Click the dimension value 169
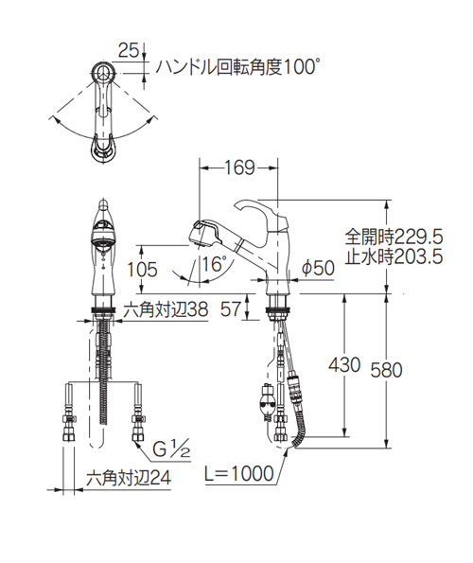point(239,167)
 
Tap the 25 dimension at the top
point(129,51)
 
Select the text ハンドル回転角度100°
point(236,67)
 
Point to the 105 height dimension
point(143,270)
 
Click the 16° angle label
point(214,265)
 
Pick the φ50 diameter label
point(318,268)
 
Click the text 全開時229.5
point(394,238)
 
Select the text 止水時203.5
point(394,256)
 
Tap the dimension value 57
point(230,309)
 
